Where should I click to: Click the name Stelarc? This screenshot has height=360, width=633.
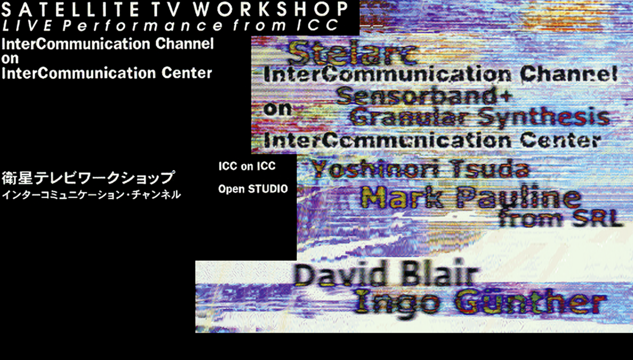tap(352, 54)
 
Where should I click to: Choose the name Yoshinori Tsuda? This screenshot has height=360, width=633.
tap(420, 169)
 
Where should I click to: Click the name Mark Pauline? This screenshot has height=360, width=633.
tap(471, 198)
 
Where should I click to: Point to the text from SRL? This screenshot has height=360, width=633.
tap(561, 219)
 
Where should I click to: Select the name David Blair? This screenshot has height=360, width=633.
tap(386, 276)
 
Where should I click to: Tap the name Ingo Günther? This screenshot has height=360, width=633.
tap(480, 302)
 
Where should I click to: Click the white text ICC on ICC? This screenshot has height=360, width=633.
tap(247, 166)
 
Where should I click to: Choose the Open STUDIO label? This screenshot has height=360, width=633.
tap(253, 189)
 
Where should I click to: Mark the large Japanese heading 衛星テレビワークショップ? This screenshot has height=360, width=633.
tap(88, 178)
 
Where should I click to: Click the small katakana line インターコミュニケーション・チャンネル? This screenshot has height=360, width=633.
tap(91, 195)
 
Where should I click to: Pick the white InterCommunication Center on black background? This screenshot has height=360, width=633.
tap(107, 73)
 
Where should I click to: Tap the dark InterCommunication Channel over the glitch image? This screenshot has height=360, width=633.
tap(440, 74)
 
